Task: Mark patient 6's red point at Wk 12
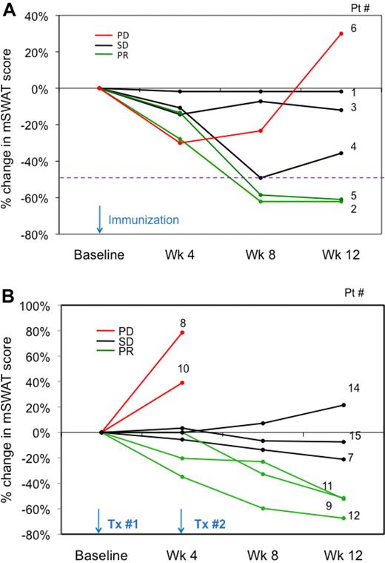341,33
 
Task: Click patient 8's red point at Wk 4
182,332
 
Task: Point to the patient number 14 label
355,388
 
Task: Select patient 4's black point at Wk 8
261,178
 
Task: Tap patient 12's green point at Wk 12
342,518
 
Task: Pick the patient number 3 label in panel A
355,108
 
